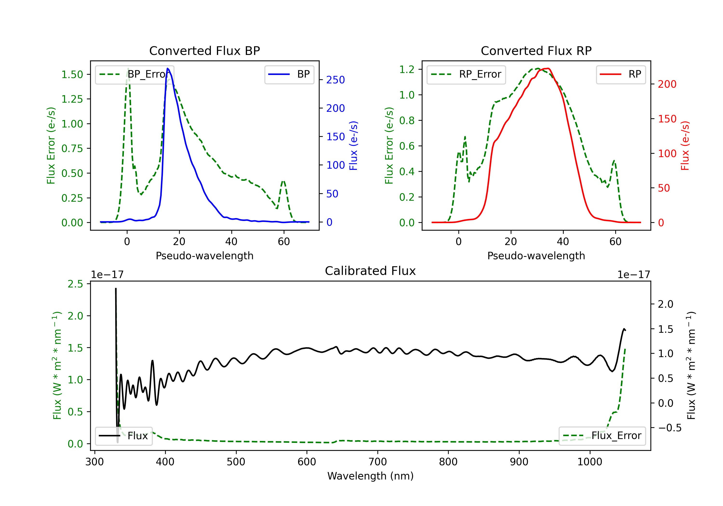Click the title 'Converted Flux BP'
coord(204,51)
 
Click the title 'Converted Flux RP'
coord(536,51)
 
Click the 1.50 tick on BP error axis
coord(72,75)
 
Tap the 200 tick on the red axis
coord(667,84)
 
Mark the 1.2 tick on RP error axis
coord(407,69)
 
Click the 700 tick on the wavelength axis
coord(378,462)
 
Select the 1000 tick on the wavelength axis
coord(589,462)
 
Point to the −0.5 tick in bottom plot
coord(669,428)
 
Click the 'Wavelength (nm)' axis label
coord(370,476)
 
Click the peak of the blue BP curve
coord(167,69)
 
